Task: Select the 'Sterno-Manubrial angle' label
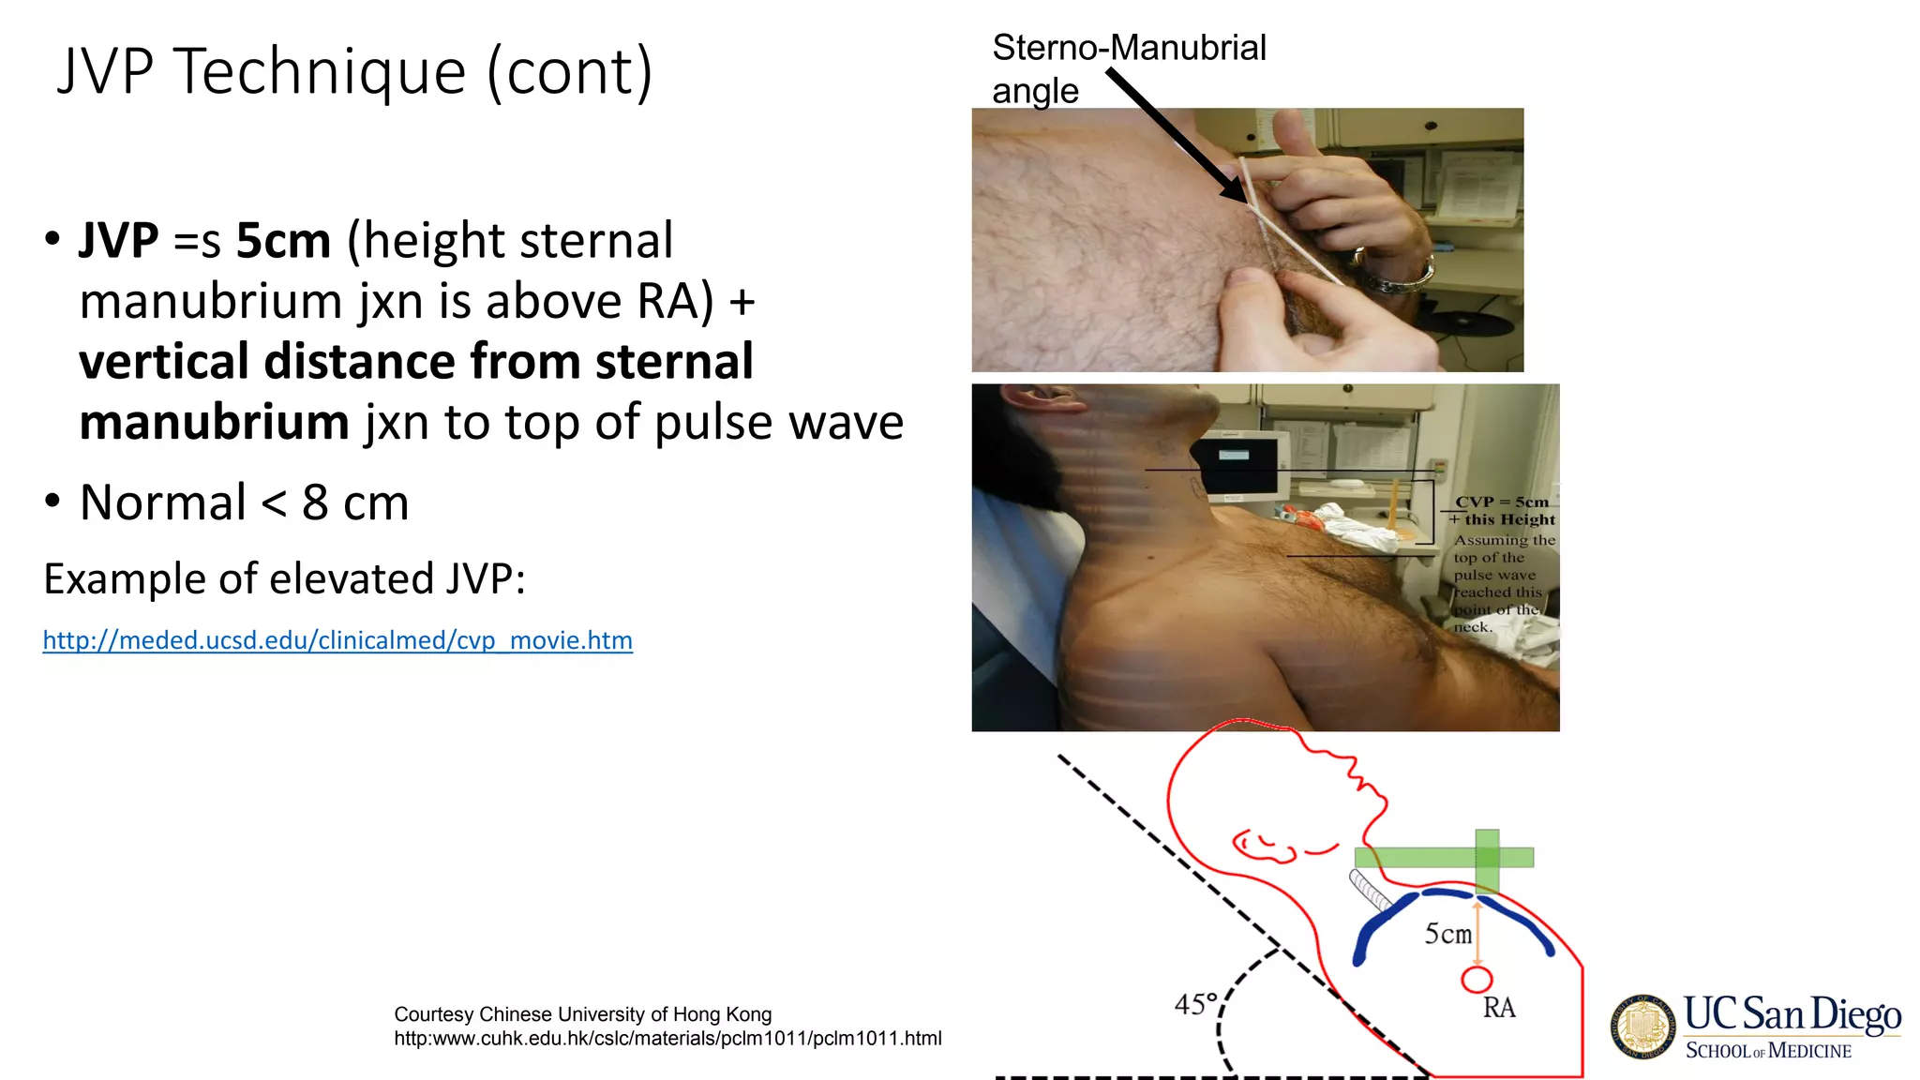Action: point(1128,67)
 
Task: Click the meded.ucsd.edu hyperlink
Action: point(337,640)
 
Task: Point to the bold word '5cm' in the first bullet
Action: point(283,241)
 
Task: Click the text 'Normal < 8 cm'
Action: point(244,503)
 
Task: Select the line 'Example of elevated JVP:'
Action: point(284,578)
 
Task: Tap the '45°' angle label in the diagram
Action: point(1195,1005)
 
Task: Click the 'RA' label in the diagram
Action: point(1498,1008)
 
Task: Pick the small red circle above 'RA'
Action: point(1477,980)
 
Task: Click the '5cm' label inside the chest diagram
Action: point(1447,934)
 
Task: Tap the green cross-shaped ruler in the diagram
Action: point(1486,857)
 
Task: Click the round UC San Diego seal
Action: point(1642,1027)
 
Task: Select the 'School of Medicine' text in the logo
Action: point(1768,1051)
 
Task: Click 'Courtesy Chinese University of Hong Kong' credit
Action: point(582,1014)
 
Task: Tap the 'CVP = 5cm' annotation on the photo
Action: point(1501,502)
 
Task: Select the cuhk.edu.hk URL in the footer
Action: point(667,1039)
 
